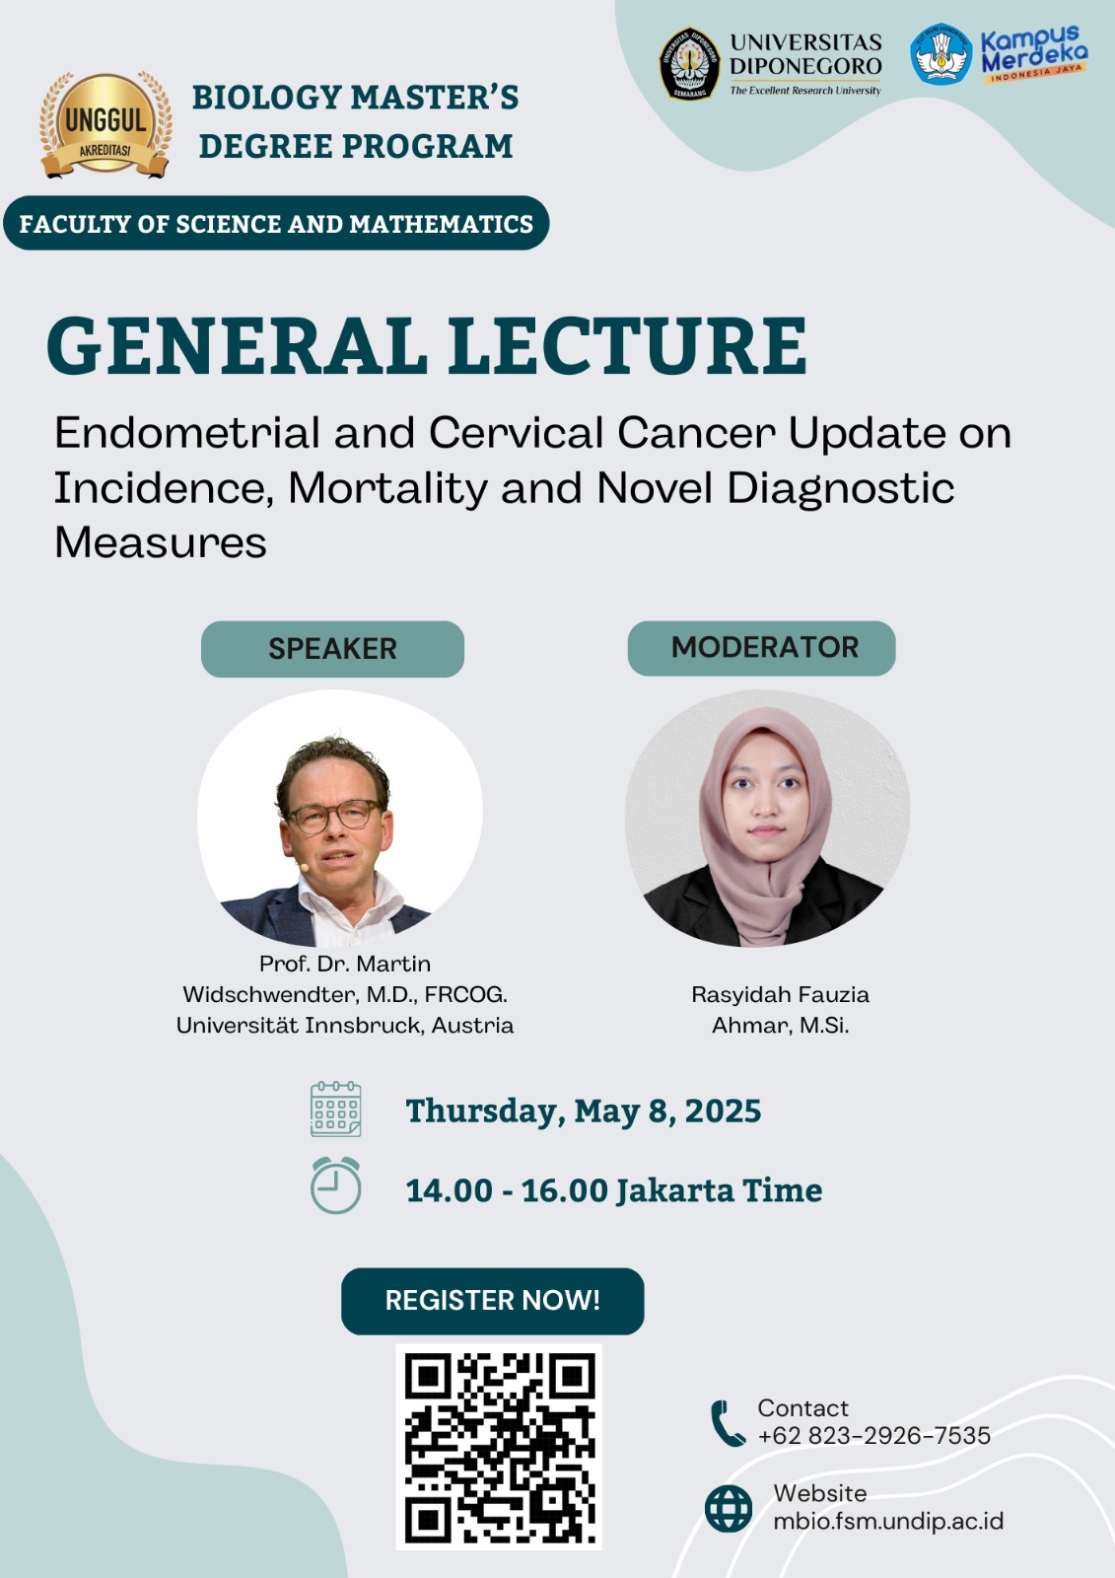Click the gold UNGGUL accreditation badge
click(x=105, y=124)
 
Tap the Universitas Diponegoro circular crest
click(x=689, y=63)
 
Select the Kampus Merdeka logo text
click(x=1034, y=54)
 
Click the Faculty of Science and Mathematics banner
click(x=276, y=223)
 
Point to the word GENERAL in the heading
click(x=237, y=345)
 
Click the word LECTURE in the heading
click(x=628, y=345)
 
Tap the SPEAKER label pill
click(x=332, y=649)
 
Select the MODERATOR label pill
click(x=761, y=648)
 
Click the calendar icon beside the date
click(x=336, y=1109)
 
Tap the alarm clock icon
click(x=336, y=1184)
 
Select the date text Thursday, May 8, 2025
click(x=584, y=1111)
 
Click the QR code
click(x=499, y=1447)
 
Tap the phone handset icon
click(x=728, y=1424)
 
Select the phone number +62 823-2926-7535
click(x=874, y=1436)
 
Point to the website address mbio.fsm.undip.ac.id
click(x=888, y=1521)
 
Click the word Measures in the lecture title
click(x=161, y=543)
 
